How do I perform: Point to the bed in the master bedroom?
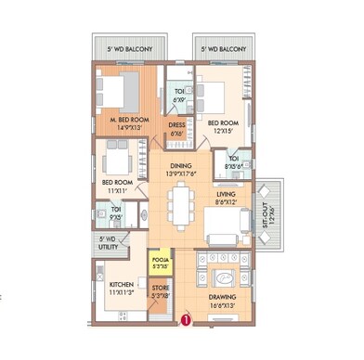(x=118, y=92)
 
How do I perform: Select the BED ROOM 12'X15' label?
(x=223, y=127)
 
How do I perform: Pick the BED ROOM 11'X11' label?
(x=117, y=186)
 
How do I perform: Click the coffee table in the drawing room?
(x=223, y=280)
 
